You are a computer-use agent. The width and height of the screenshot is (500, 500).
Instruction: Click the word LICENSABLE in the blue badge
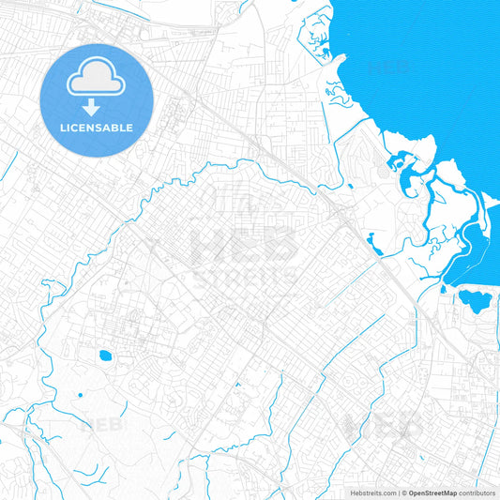click(x=98, y=128)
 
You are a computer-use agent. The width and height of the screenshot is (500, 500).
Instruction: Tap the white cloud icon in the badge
click(x=98, y=79)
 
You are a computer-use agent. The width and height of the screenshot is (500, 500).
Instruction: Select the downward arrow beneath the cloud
click(x=98, y=105)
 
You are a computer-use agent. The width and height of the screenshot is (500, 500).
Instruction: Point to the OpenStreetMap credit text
click(x=432, y=492)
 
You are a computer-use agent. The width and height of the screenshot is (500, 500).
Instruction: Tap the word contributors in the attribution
click(x=477, y=492)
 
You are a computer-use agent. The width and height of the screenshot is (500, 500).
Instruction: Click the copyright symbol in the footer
click(x=403, y=492)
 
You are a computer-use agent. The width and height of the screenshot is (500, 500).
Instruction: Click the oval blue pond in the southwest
click(x=102, y=356)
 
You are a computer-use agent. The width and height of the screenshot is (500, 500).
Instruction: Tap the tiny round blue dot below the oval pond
click(x=80, y=394)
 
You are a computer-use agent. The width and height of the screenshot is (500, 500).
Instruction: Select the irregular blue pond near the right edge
click(x=475, y=301)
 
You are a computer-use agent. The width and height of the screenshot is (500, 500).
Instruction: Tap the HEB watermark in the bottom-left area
click(x=102, y=424)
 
